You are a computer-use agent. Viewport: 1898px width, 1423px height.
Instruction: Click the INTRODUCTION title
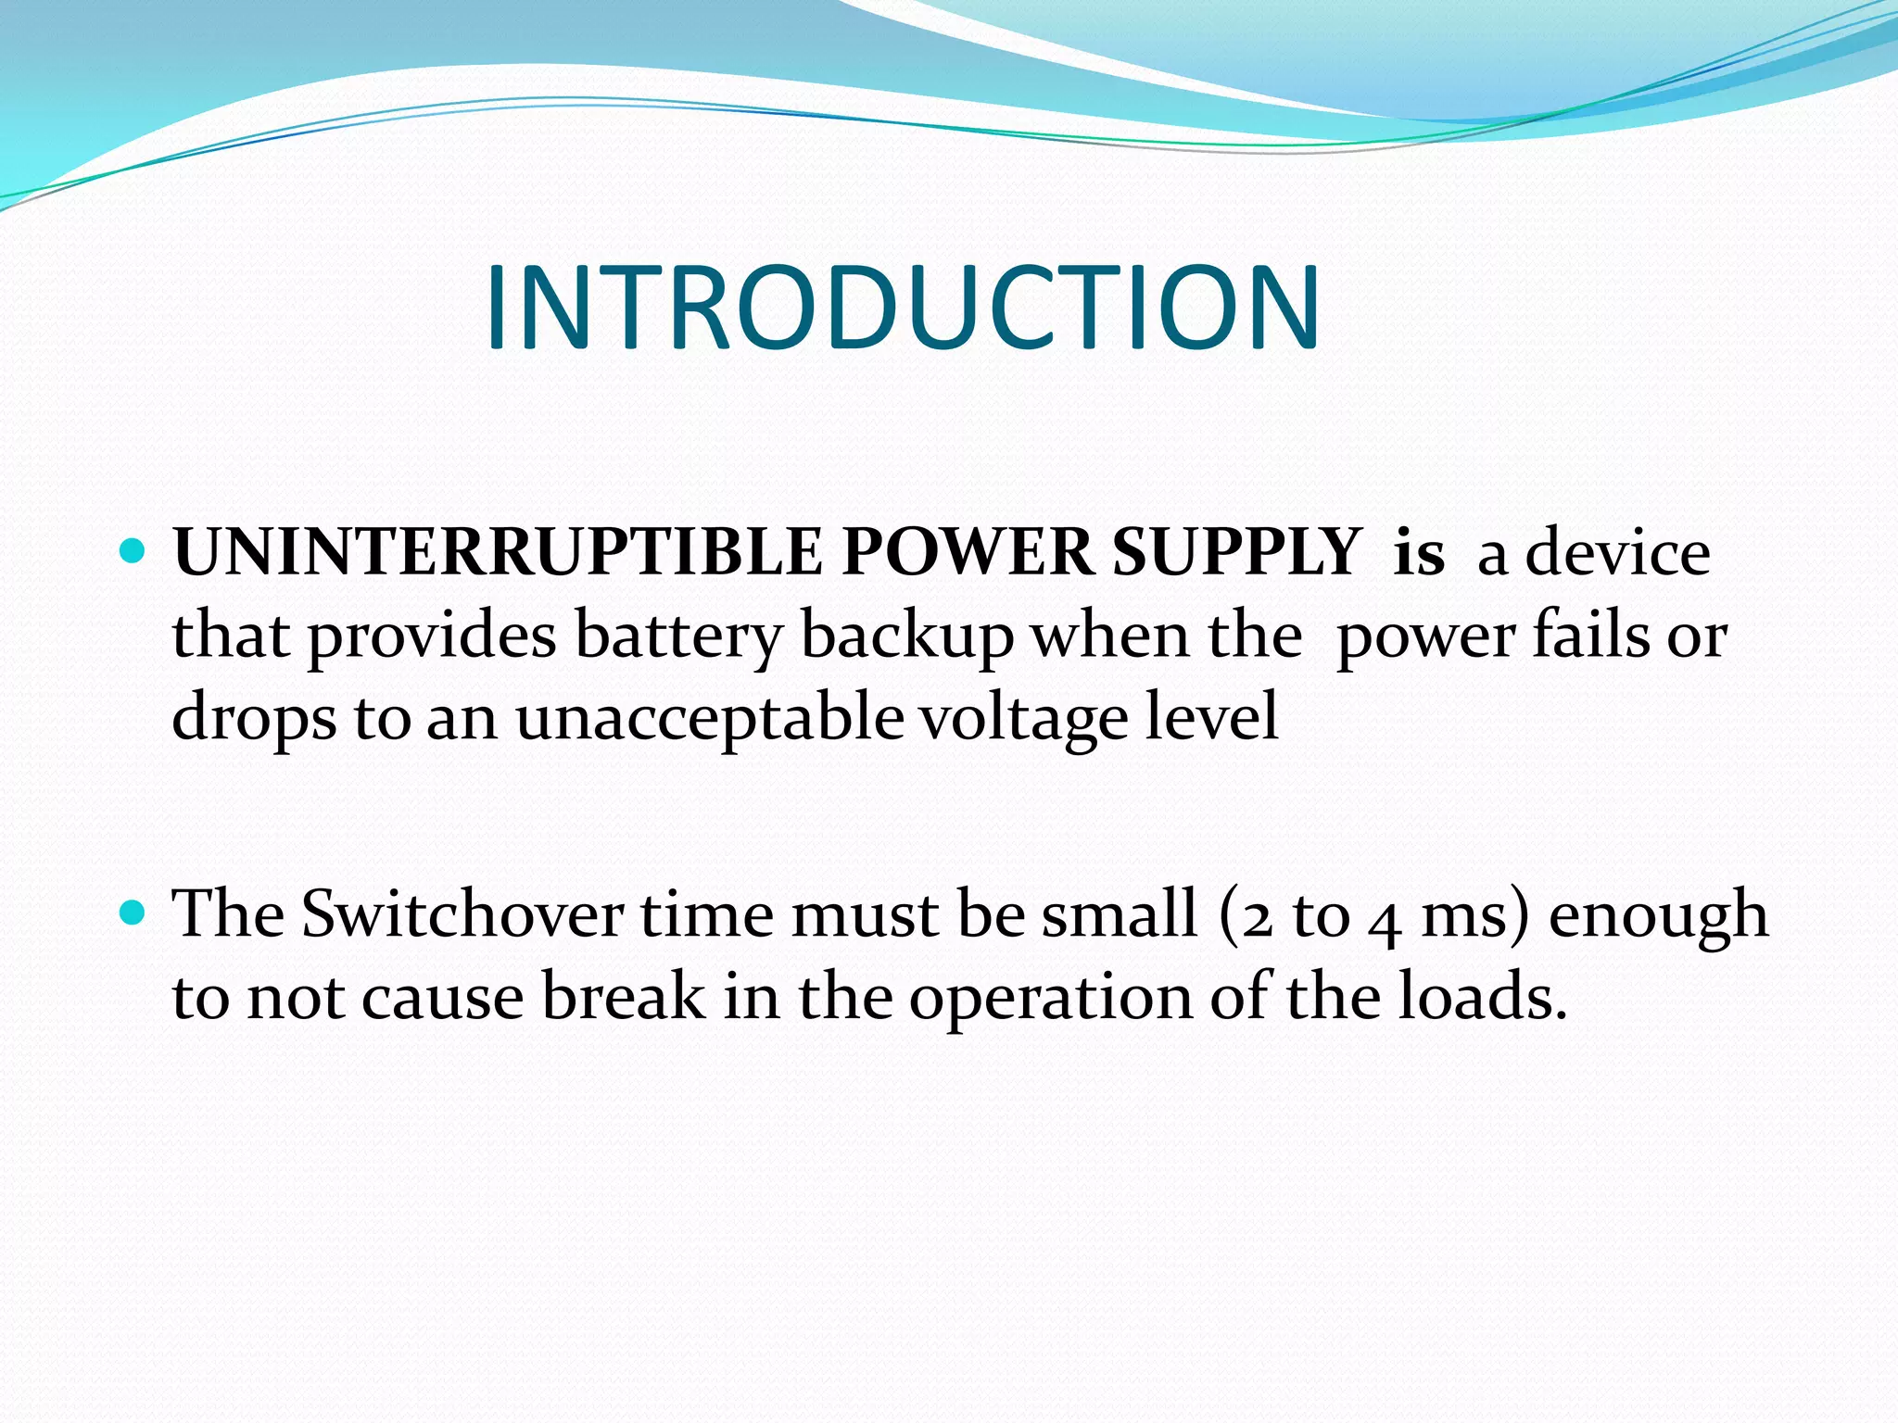[902, 309]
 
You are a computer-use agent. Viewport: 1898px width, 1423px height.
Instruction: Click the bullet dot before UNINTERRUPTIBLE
[134, 552]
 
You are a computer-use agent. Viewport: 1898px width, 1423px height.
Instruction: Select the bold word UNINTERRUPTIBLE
[498, 552]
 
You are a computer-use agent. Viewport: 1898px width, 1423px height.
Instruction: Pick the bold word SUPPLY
[1236, 554]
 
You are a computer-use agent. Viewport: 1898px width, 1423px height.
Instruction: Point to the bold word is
[1419, 552]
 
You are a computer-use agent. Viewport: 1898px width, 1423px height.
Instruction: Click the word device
[1617, 552]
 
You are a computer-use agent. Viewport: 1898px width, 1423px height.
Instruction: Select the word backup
[907, 637]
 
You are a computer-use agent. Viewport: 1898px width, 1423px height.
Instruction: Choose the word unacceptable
[710, 718]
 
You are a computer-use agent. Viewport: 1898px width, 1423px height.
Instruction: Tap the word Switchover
[462, 914]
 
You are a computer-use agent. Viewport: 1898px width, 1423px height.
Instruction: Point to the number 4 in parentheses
[1385, 919]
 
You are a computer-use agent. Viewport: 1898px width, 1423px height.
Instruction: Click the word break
[623, 997]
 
